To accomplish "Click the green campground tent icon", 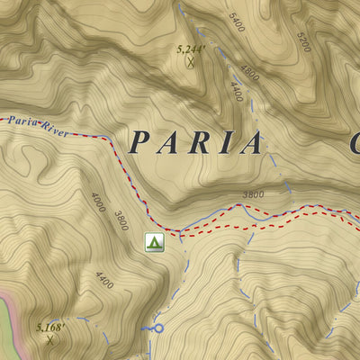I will coord(154,241).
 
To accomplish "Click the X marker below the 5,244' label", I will coord(190,62).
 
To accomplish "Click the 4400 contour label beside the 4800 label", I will coord(236,91).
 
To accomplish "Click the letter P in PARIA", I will coord(140,142).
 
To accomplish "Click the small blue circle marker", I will coord(158,328).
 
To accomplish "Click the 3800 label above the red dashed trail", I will coord(253,194).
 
